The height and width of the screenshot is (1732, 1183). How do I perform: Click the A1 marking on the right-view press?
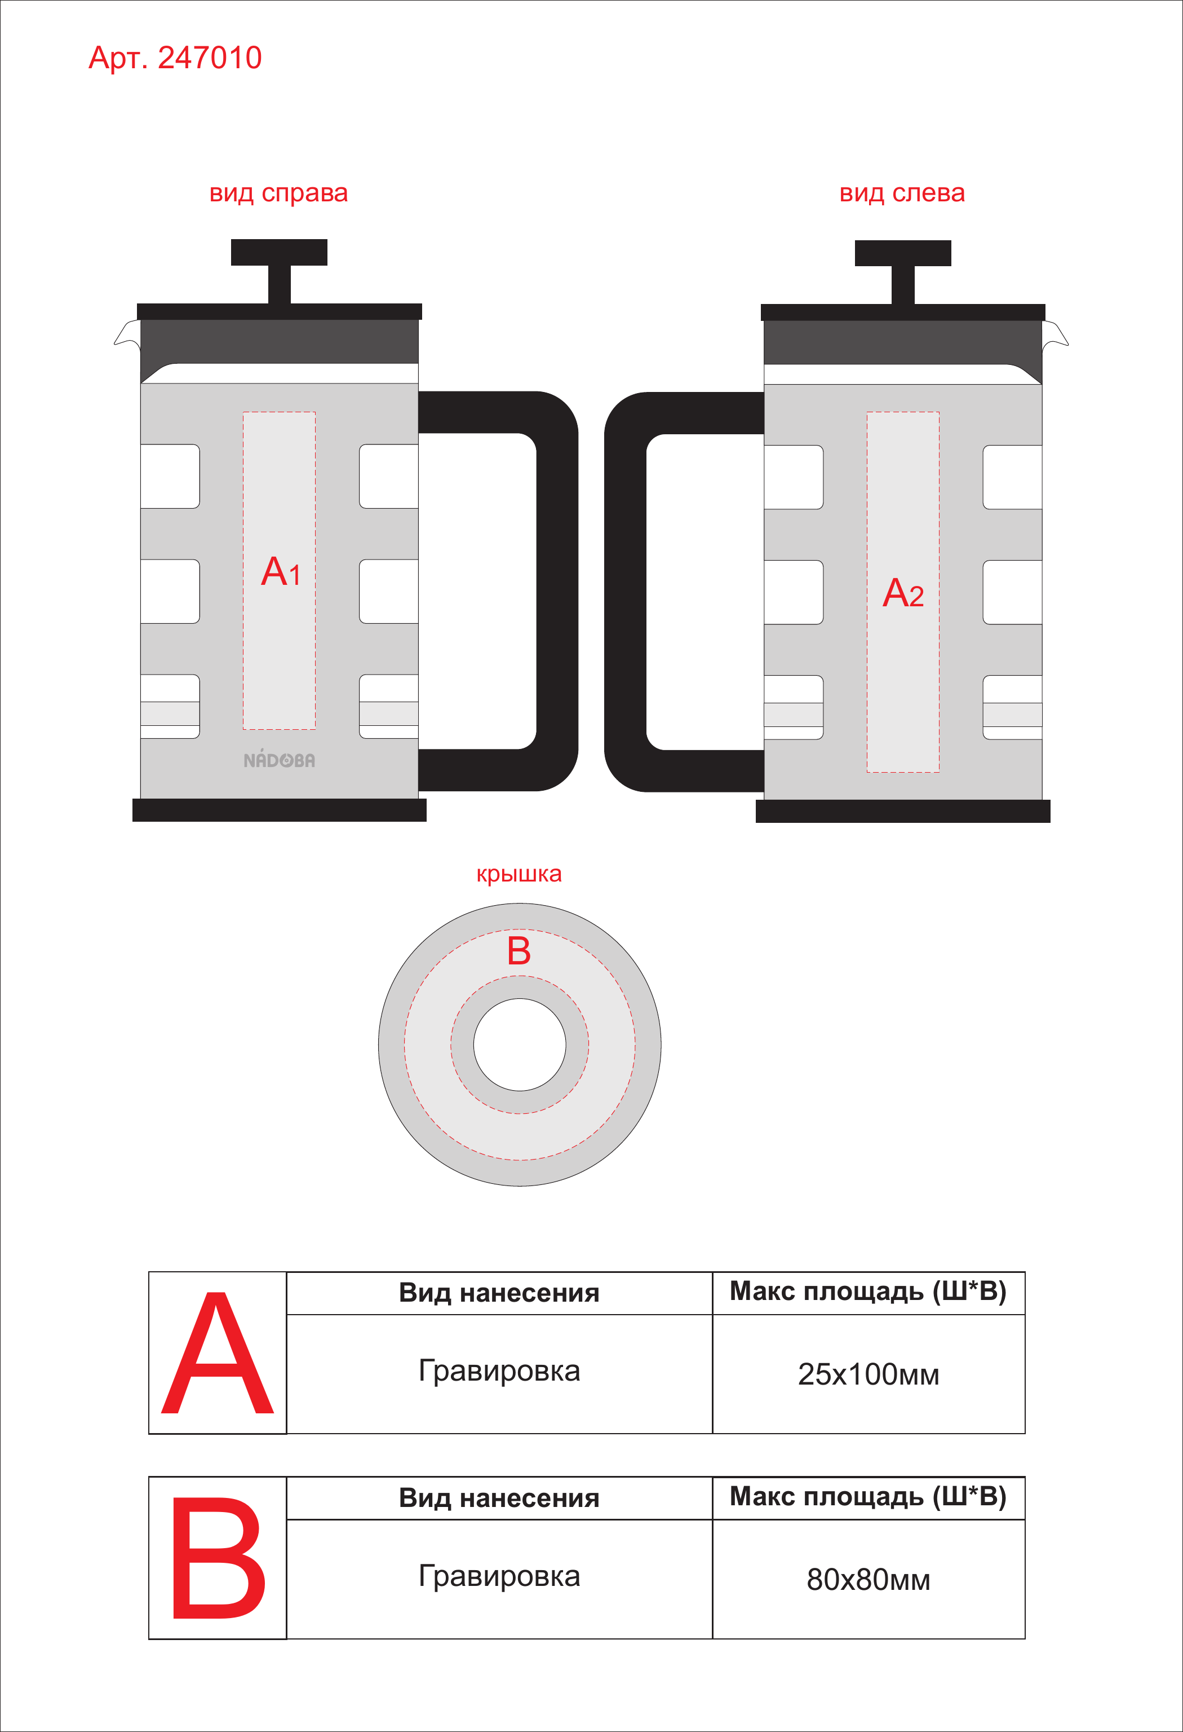tap(281, 572)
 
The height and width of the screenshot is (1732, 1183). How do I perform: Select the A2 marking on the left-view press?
tap(903, 593)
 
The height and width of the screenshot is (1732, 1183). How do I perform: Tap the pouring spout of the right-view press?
tap(127, 333)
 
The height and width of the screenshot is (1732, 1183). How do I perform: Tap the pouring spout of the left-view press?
tap(1055, 334)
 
